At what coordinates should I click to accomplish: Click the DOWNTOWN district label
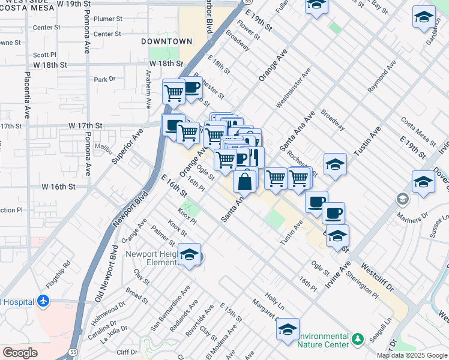coord(167,41)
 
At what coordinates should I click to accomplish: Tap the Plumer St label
coord(107,19)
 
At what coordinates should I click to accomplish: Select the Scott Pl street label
coord(44,54)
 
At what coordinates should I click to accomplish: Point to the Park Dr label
coord(104,79)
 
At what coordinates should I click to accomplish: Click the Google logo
coord(20,352)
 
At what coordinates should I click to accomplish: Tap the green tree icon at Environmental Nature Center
coord(358,340)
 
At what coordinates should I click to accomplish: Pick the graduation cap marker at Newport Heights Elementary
coord(190,256)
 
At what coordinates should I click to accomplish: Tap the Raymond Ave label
coord(381,76)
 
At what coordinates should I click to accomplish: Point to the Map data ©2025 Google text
coord(411,355)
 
